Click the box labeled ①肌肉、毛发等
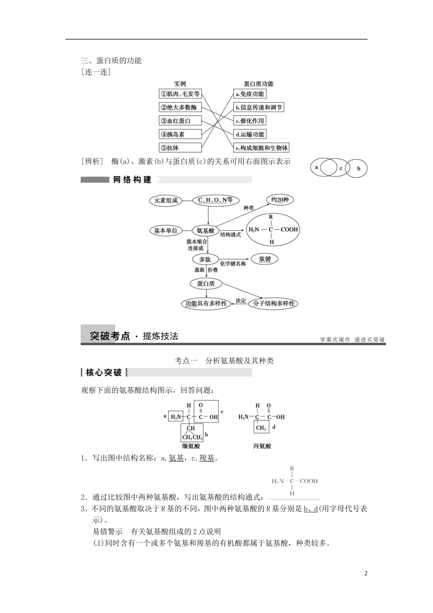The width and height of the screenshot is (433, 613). click(x=180, y=94)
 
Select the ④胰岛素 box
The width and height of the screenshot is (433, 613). click(x=180, y=134)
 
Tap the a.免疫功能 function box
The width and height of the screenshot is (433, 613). click(x=249, y=94)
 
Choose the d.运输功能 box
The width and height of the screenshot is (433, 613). click(x=249, y=134)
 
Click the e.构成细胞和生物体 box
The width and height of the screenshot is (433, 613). click(x=261, y=148)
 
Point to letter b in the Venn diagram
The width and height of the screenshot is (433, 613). click(x=359, y=169)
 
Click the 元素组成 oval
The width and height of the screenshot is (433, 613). click(x=166, y=200)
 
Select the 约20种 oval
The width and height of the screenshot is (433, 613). click(x=280, y=200)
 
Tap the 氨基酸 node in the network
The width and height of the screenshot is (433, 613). click(x=206, y=231)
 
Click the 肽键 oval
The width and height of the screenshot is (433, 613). click(x=265, y=259)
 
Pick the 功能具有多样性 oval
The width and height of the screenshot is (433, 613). click(x=206, y=303)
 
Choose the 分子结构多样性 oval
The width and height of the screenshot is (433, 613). click(x=274, y=303)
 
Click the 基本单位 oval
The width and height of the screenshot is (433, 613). click(x=166, y=231)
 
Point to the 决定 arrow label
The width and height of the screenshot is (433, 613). click(x=241, y=300)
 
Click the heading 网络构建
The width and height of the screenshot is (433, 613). click(x=132, y=180)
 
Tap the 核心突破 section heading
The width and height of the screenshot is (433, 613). click(x=104, y=373)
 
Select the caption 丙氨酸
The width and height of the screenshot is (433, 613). click(x=262, y=446)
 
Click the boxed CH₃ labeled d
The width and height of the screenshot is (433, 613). click(x=261, y=428)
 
